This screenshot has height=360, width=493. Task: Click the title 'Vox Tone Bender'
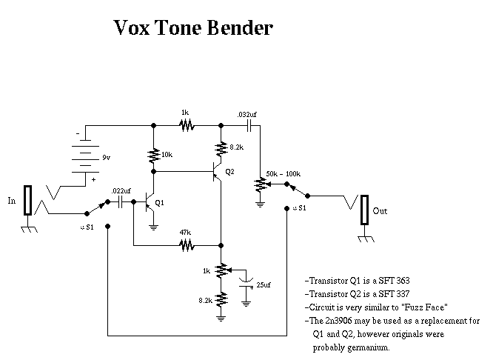tap(193, 28)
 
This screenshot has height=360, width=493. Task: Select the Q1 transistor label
tap(161, 202)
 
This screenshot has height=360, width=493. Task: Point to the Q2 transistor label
tap(229, 172)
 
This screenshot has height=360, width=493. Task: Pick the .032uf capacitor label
tap(246, 115)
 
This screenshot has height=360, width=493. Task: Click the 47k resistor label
tap(185, 232)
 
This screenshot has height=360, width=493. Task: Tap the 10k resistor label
tap(167, 155)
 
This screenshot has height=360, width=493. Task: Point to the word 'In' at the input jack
tap(11, 201)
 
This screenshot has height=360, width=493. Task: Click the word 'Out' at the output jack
tap(380, 211)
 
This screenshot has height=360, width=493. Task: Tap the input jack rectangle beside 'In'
tap(27, 201)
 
